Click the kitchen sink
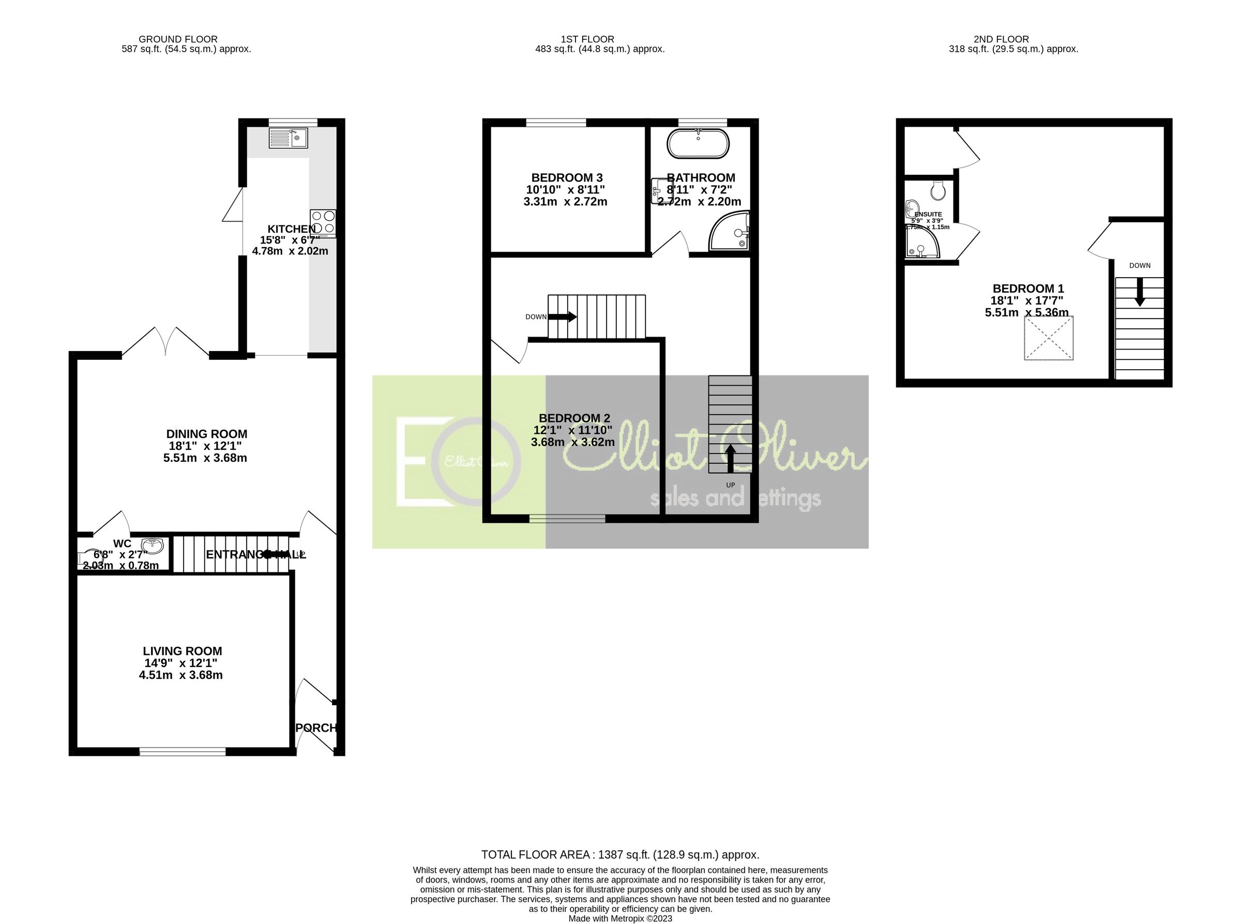point(287,138)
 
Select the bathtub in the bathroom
point(698,144)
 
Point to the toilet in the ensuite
point(938,191)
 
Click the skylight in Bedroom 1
point(1049,338)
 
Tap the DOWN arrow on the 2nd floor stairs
point(1139,293)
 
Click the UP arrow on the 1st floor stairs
point(730,458)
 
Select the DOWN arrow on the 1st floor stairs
point(563,316)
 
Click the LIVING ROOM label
point(183,651)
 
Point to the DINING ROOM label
point(206,434)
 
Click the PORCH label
point(316,728)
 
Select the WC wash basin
point(152,544)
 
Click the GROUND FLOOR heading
point(178,39)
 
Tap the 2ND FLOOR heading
point(1001,39)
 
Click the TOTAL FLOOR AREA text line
point(620,855)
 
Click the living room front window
point(183,751)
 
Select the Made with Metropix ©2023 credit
point(620,918)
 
